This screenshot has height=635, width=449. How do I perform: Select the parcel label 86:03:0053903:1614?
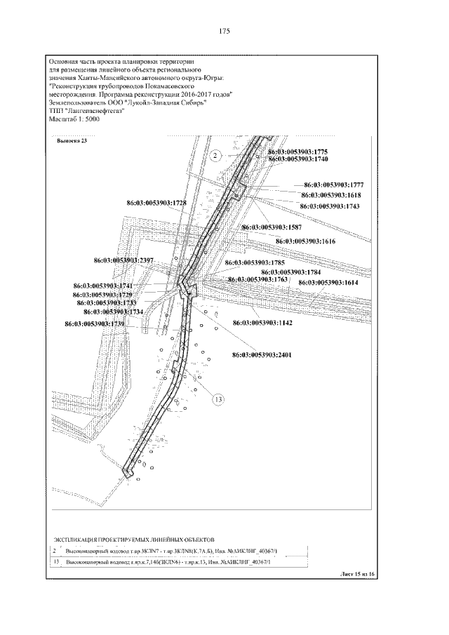click(328, 282)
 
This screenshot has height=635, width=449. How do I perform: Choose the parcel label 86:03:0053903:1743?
click(329, 206)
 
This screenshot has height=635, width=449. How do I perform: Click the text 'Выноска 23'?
click(72, 141)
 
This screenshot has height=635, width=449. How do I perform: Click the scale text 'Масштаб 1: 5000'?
click(76, 119)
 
